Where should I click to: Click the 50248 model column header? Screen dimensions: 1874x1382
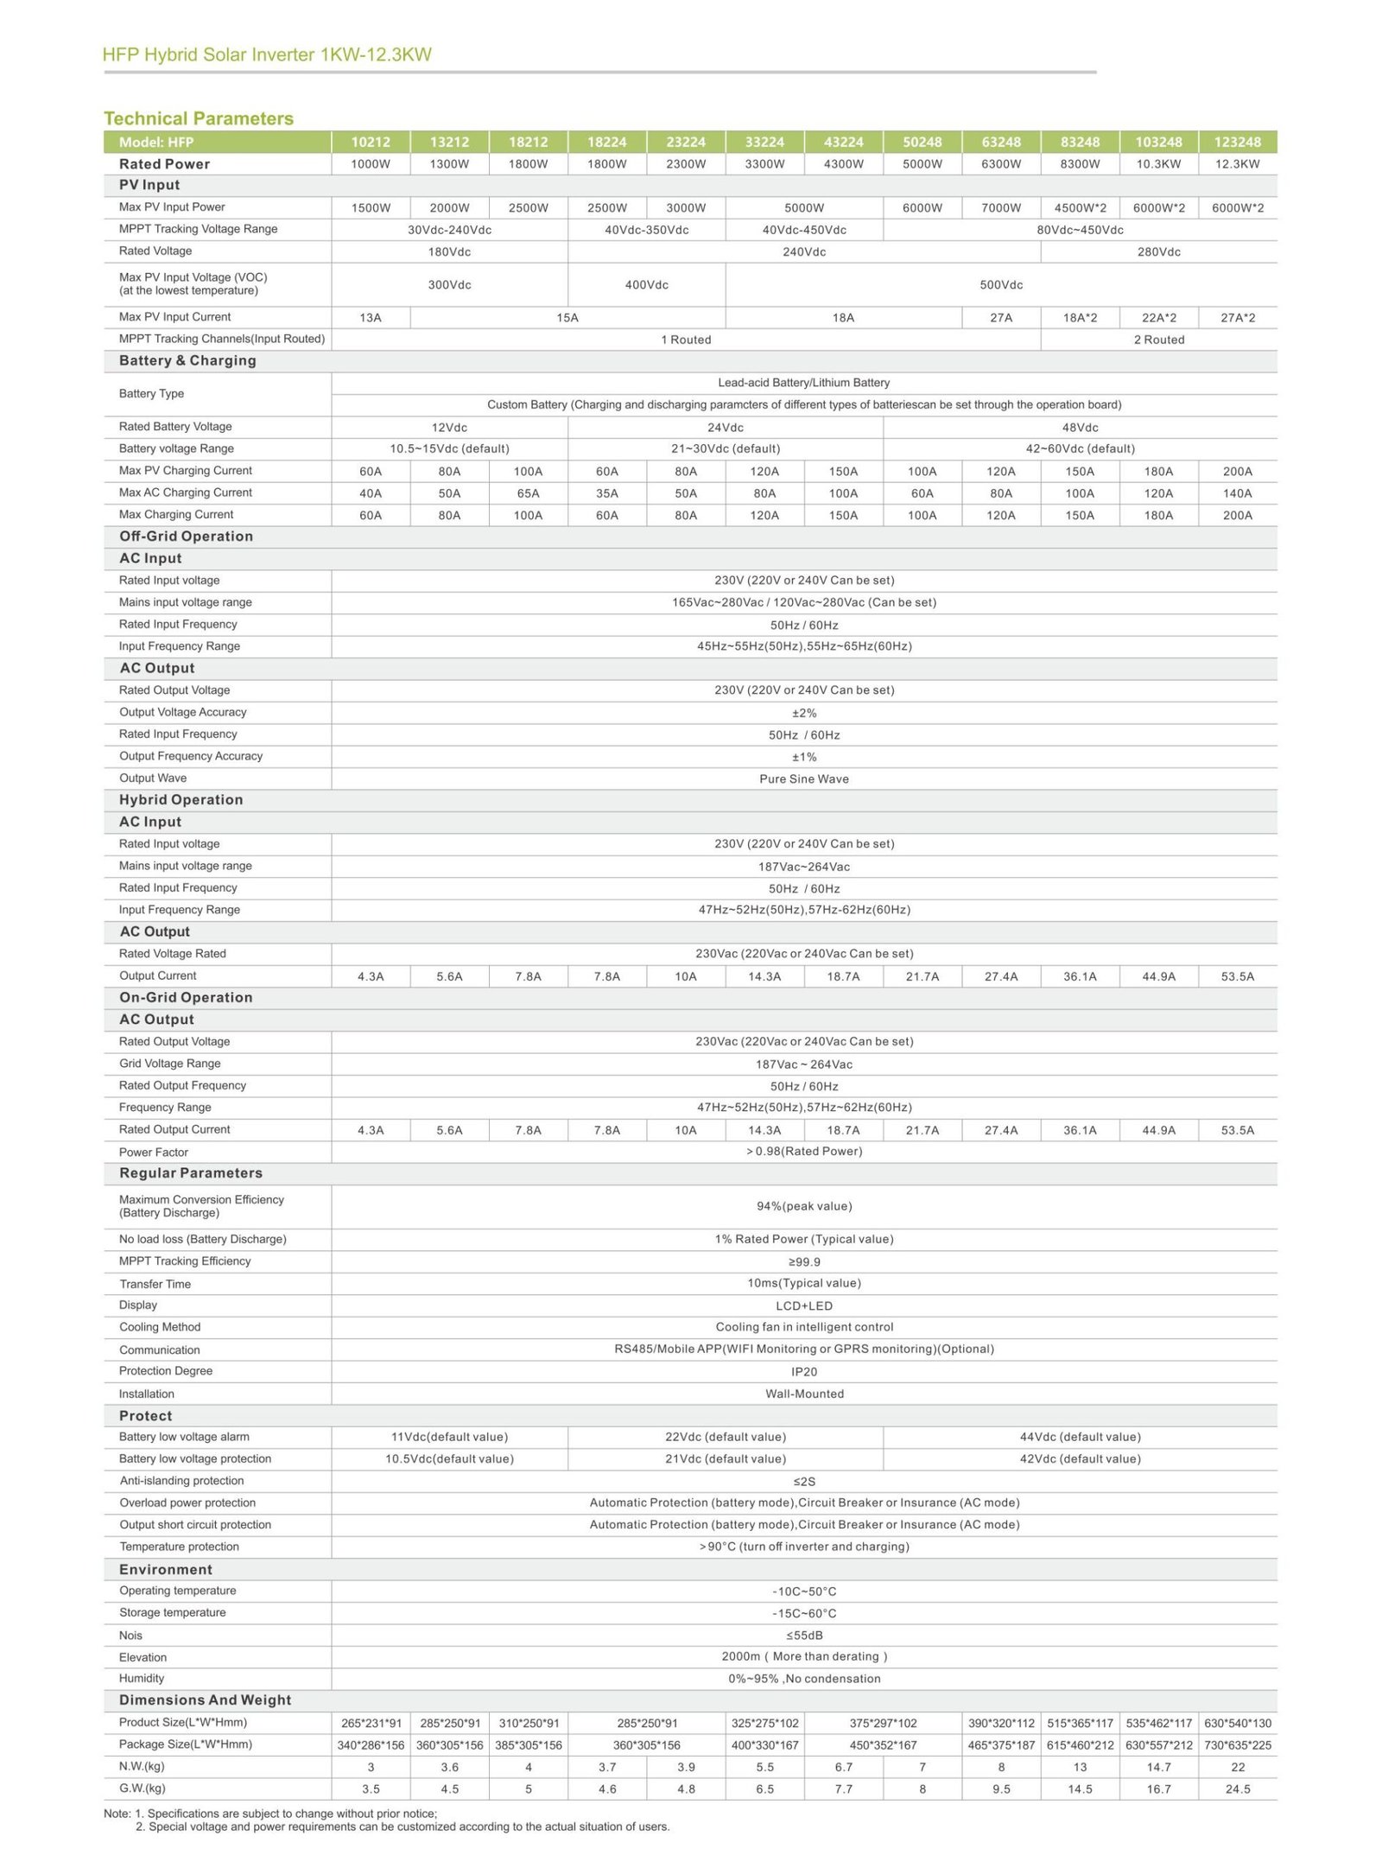point(922,142)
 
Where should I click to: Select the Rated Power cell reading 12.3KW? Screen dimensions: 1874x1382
point(1237,164)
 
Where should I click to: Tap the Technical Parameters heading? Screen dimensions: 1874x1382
point(199,118)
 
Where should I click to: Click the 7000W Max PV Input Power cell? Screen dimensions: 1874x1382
point(1000,208)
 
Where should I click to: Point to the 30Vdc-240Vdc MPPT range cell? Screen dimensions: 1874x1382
point(449,230)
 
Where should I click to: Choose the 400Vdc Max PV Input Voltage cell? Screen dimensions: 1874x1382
point(646,285)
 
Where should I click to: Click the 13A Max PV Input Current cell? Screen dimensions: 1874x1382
point(371,318)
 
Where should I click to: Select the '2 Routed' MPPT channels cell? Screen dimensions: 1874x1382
point(1158,340)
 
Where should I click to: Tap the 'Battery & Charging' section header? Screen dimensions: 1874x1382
point(187,361)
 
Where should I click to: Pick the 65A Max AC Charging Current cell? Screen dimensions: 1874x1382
point(528,493)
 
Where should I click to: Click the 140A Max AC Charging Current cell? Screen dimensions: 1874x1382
point(1237,493)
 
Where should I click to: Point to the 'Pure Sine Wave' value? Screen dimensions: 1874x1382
point(803,779)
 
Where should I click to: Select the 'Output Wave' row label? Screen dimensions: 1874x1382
point(153,778)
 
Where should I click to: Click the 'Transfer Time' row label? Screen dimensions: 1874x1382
point(155,1284)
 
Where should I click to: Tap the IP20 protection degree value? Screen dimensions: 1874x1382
point(803,1372)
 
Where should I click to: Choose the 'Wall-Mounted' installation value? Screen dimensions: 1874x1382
point(804,1394)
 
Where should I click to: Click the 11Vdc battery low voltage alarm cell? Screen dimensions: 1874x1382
point(449,1437)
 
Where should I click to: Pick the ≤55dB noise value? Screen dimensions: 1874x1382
point(803,1636)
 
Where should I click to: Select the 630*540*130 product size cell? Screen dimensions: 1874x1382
point(1237,1723)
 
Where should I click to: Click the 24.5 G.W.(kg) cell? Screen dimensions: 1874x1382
point(1237,1789)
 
